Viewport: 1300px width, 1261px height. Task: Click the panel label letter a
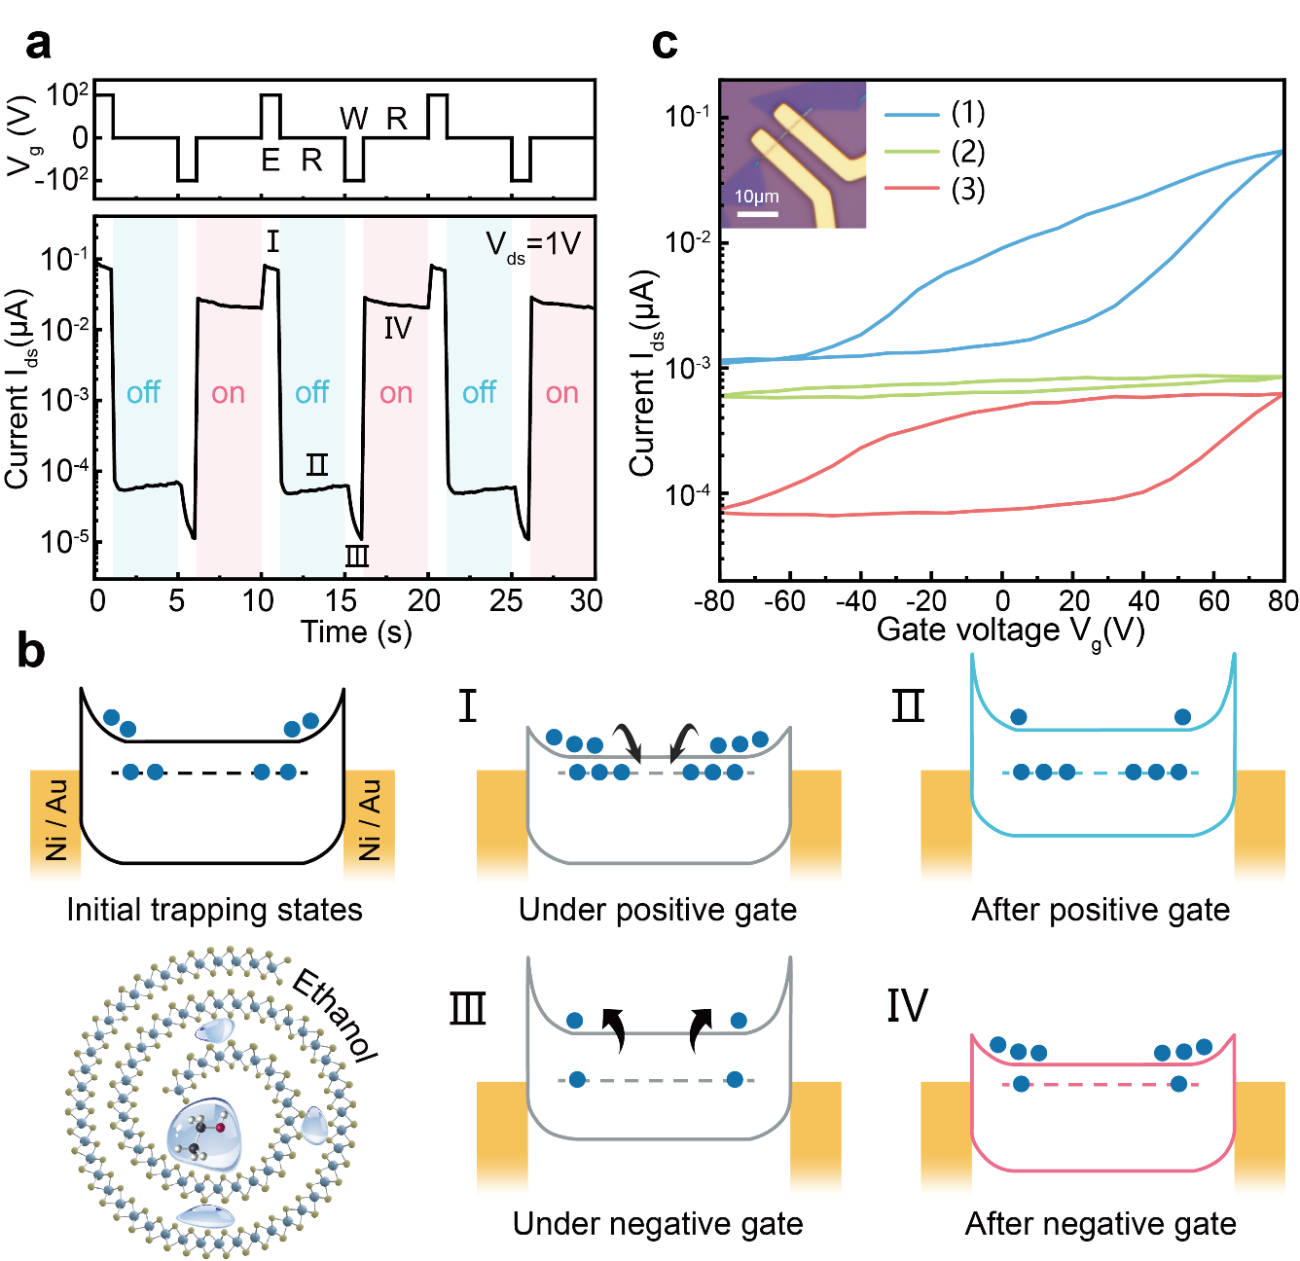[x=38, y=44]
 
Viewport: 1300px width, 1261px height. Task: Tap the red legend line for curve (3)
[x=911, y=190]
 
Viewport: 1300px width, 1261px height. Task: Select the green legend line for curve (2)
[x=911, y=152]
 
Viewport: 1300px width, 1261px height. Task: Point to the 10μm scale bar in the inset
[x=757, y=212]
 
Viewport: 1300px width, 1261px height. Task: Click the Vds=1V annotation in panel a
[x=533, y=244]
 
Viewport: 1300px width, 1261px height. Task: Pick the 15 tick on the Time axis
[x=341, y=600]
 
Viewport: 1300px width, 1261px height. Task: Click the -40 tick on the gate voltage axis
[x=855, y=600]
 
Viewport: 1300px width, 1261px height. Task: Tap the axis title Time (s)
[x=356, y=632]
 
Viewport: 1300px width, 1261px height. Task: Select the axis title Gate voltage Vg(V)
[x=1010, y=630]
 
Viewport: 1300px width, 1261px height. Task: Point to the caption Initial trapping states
[x=214, y=910]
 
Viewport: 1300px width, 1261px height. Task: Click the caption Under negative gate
[x=658, y=1223]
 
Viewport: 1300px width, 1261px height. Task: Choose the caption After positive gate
[x=1101, y=910]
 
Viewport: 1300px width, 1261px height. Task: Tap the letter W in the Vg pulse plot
[x=353, y=119]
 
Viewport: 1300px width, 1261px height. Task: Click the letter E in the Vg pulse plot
[x=271, y=161]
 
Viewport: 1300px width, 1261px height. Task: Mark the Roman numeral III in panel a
[x=357, y=557]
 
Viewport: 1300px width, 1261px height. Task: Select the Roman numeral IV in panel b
[x=907, y=1006]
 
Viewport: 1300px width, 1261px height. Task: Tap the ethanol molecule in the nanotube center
[x=203, y=1138]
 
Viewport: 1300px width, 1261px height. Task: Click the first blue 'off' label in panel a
[x=143, y=393]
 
